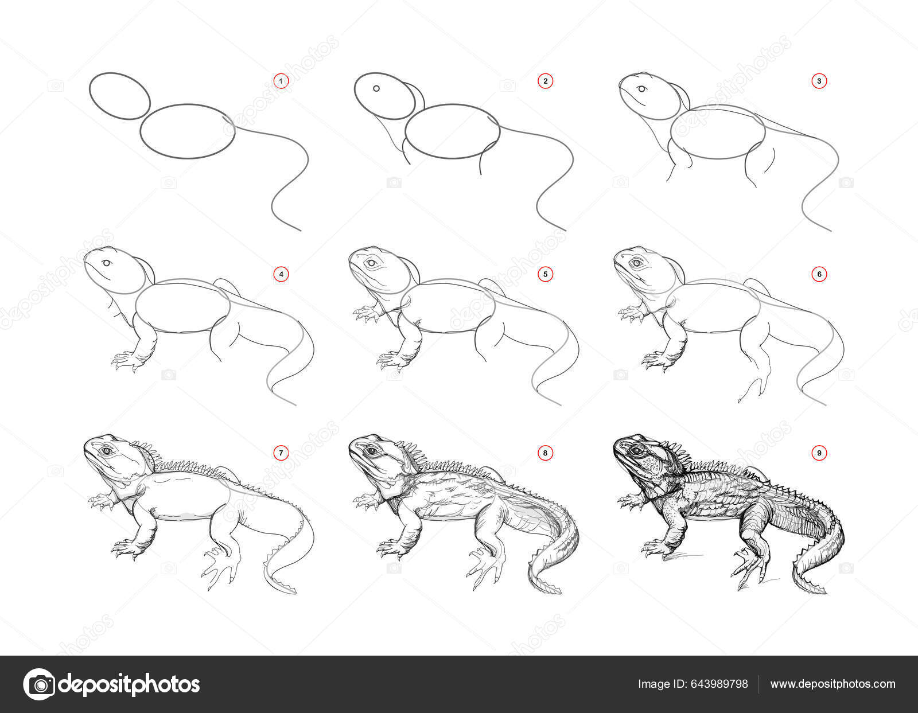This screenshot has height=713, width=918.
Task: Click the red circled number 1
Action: click(281, 81)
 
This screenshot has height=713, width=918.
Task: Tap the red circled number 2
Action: click(545, 81)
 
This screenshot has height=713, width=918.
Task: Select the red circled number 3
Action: click(819, 81)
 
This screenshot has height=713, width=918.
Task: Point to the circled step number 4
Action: click(281, 274)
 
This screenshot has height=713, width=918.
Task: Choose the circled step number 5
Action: click(545, 274)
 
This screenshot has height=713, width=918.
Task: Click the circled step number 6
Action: click(819, 274)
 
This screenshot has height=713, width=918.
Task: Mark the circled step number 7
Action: click(281, 453)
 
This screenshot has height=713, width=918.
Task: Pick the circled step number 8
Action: click(545, 453)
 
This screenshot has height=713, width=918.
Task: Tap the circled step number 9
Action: click(819, 453)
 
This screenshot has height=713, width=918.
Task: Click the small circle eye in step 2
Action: click(376, 89)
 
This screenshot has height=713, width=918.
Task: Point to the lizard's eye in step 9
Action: click(636, 450)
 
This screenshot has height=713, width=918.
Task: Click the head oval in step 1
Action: click(120, 96)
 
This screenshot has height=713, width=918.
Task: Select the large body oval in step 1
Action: click(188, 131)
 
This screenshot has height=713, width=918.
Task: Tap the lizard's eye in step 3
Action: click(641, 89)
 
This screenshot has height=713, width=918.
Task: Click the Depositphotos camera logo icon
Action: click(38, 684)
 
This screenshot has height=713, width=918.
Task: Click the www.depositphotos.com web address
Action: click(833, 684)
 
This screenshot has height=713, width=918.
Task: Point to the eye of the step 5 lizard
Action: click(372, 263)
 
